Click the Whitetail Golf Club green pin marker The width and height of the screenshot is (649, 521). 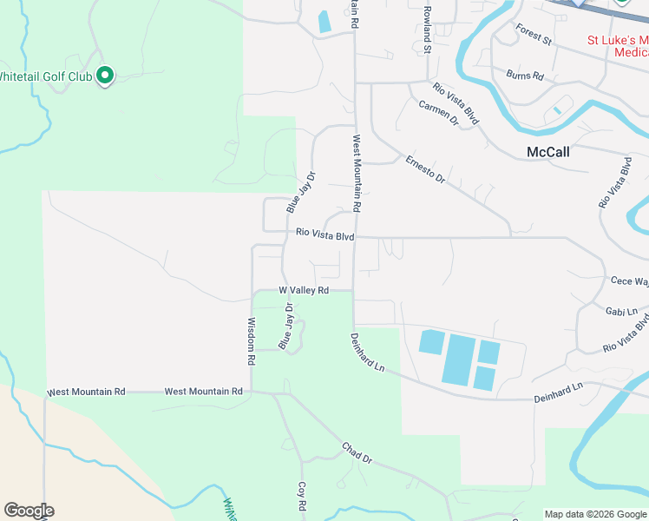pyautogui.click(x=105, y=76)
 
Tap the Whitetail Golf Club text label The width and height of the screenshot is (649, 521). pyautogui.click(x=45, y=76)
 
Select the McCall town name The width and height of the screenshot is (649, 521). pyautogui.click(x=548, y=152)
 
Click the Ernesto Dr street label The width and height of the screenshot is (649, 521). pyautogui.click(x=425, y=168)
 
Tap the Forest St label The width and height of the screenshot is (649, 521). pyautogui.click(x=534, y=34)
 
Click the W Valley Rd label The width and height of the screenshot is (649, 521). pyautogui.click(x=304, y=290)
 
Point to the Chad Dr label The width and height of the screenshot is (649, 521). pyautogui.click(x=357, y=452)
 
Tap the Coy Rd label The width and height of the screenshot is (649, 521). pyautogui.click(x=302, y=497)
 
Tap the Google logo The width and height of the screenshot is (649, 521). pyautogui.click(x=29, y=511)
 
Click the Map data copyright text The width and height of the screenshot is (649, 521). pyautogui.click(x=595, y=514)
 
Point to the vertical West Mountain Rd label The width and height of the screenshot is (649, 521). pyautogui.click(x=356, y=173)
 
